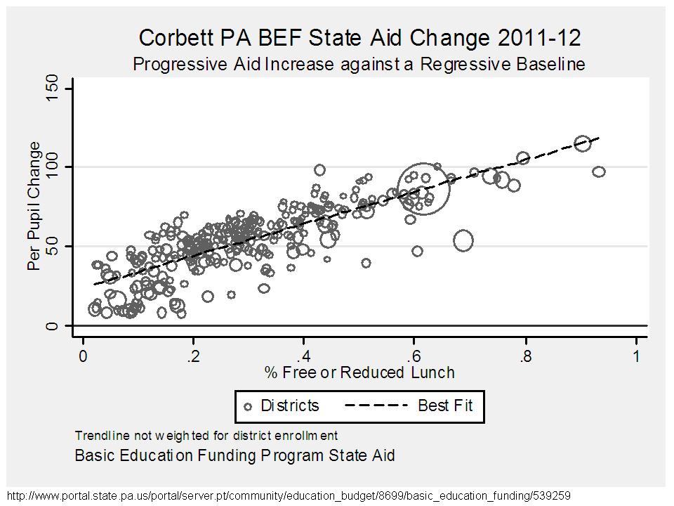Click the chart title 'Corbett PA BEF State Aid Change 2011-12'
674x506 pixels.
[359, 38]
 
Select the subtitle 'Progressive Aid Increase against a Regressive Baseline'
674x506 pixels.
[359, 65]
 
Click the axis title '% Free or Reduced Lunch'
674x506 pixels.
[359, 373]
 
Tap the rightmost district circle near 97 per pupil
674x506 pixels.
[598, 171]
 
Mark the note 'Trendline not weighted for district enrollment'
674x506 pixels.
[206, 435]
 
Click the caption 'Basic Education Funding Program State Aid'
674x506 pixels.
[235, 455]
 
